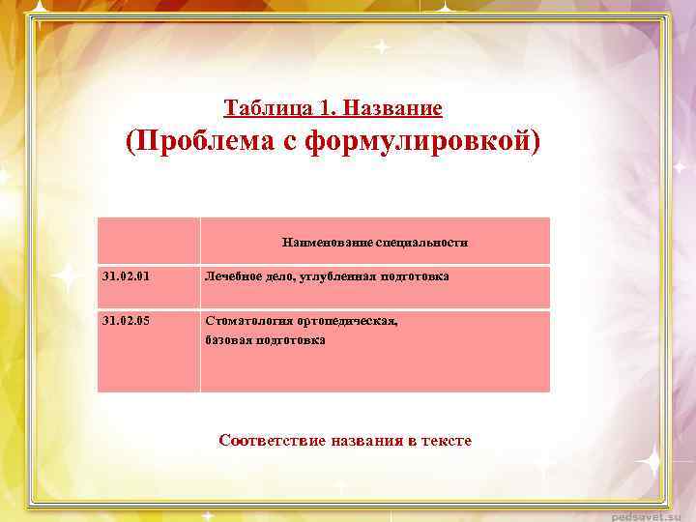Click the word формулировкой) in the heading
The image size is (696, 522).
(423, 142)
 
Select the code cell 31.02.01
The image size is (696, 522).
(126, 276)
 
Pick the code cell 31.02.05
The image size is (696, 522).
(126, 321)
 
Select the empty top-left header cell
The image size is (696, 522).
(149, 241)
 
